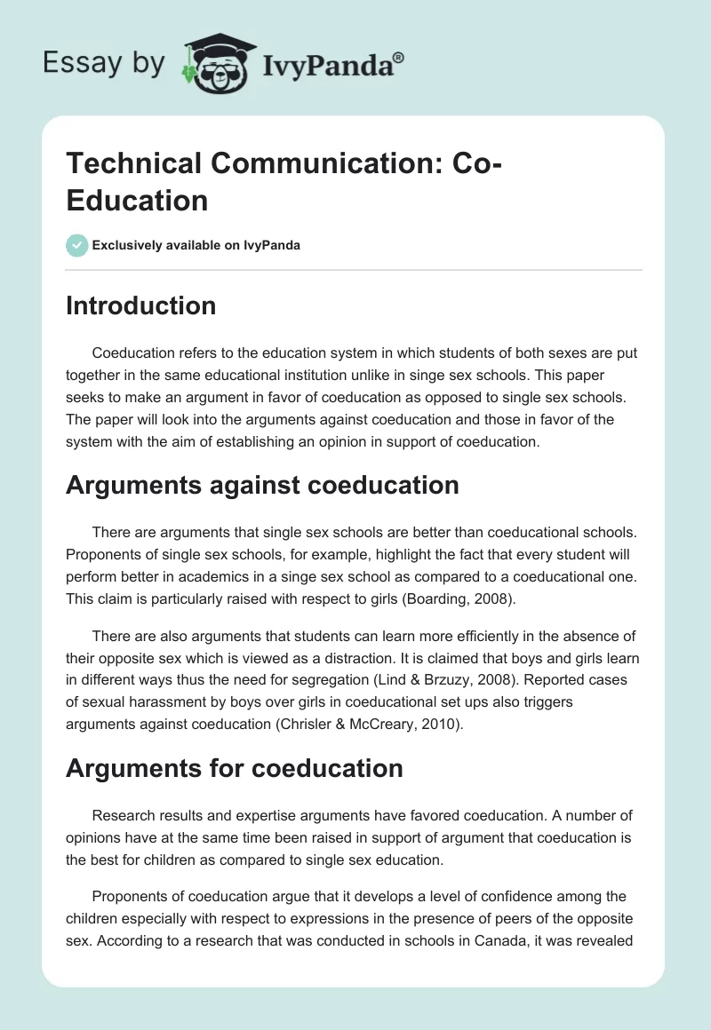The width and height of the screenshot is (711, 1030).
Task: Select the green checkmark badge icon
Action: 76,245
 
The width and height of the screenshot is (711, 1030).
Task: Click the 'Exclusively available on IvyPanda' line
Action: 196,245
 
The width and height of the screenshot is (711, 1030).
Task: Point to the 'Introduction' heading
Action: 141,305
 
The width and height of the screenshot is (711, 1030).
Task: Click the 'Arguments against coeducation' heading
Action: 262,485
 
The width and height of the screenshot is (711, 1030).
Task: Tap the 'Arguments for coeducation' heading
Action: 235,767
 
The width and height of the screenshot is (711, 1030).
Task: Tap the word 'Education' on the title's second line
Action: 137,200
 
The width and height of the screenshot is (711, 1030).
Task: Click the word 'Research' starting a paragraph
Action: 124,815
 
